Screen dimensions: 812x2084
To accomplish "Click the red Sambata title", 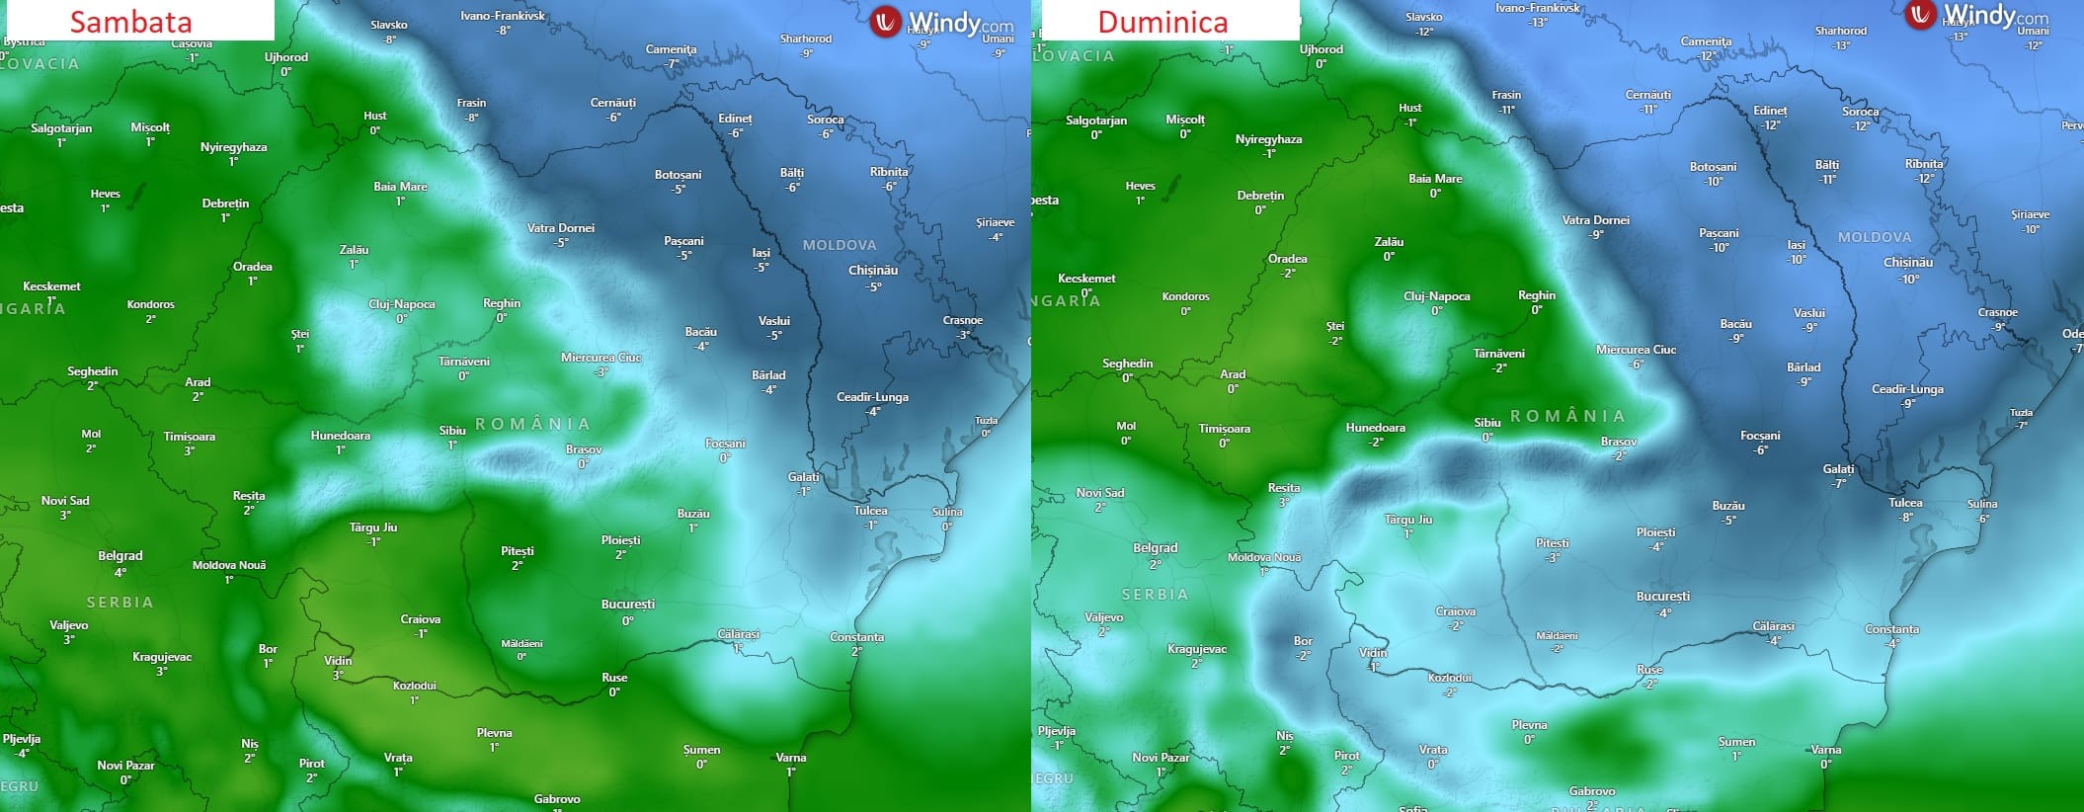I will [130, 22].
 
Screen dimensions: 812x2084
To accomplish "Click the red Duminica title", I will [1162, 22].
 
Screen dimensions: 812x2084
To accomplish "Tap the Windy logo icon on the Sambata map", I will [886, 22].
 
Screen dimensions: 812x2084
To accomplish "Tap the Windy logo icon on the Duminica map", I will [1920, 14].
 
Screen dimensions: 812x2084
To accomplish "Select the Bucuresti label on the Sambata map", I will [628, 605].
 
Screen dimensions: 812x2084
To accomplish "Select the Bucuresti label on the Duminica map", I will [1663, 597].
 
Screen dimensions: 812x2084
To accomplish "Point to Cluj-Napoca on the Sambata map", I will [402, 304].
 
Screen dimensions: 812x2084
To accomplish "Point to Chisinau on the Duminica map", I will [1908, 263].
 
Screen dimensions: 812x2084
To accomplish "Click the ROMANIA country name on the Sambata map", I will [533, 424].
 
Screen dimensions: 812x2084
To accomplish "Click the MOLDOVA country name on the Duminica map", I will [1875, 237].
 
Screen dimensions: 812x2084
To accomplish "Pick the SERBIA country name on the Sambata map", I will [120, 603].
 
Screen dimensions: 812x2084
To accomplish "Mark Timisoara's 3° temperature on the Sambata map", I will [189, 450].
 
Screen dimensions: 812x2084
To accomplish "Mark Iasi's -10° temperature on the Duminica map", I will [1796, 260].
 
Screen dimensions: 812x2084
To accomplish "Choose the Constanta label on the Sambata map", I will [856, 637].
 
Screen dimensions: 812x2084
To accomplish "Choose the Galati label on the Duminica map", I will [1838, 469].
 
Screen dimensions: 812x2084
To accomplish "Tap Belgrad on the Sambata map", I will [120, 556].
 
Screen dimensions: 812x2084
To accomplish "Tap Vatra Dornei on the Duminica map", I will [1596, 220].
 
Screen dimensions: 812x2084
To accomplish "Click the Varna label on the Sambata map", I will [791, 758].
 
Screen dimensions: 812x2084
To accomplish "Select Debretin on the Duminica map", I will [1260, 196].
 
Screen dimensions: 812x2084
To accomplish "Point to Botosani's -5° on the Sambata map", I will [679, 190].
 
